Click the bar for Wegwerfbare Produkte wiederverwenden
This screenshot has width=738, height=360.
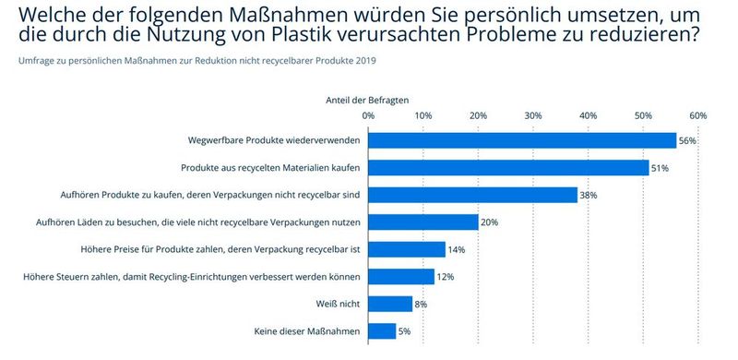click(522, 140)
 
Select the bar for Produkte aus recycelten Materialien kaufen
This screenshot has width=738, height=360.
click(508, 168)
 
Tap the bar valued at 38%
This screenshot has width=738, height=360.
click(472, 195)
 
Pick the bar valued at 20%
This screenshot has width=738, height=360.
click(423, 222)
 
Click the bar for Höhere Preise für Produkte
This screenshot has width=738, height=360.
click(407, 249)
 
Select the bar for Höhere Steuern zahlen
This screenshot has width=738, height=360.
click(401, 276)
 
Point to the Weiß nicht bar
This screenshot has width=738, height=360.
click(390, 304)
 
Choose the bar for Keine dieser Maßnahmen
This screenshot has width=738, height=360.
click(382, 330)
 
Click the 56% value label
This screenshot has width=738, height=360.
click(687, 141)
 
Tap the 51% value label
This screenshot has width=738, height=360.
click(660, 168)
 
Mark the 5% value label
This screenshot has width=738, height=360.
click(404, 331)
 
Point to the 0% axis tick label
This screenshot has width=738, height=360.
click(368, 115)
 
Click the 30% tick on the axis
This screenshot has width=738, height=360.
click(533, 115)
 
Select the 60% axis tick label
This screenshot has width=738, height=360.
click(697, 115)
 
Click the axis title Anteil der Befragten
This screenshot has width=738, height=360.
click(368, 98)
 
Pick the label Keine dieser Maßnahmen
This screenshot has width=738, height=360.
click(306, 331)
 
